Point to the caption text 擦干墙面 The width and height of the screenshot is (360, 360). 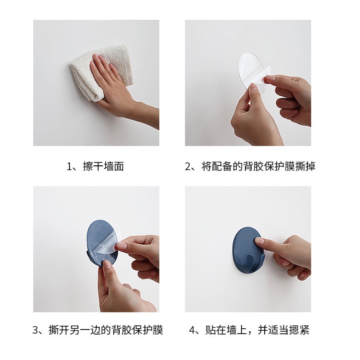(x=103, y=166)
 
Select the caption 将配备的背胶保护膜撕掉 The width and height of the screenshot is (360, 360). (x=259, y=166)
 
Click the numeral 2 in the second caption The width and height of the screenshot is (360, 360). (x=188, y=166)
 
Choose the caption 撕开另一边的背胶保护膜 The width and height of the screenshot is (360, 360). (x=106, y=330)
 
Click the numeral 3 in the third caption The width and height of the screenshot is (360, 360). (x=35, y=330)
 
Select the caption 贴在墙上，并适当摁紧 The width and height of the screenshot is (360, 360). (x=258, y=330)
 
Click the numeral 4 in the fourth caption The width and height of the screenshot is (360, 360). (x=192, y=330)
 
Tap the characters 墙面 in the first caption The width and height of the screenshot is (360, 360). (x=114, y=166)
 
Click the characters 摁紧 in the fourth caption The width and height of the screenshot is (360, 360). (x=299, y=330)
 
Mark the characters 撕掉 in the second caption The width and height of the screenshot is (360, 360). (x=305, y=166)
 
